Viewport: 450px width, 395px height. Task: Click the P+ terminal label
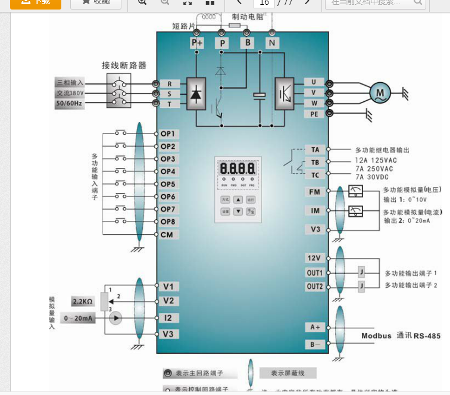click(x=196, y=43)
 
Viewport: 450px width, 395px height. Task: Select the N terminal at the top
click(x=272, y=43)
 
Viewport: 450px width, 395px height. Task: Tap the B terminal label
click(x=246, y=43)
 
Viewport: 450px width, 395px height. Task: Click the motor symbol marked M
click(x=379, y=92)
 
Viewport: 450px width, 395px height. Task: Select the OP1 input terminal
click(x=167, y=133)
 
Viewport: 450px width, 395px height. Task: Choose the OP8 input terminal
click(x=167, y=222)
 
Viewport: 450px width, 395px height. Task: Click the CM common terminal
click(x=167, y=235)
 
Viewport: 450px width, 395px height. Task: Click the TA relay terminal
click(x=315, y=150)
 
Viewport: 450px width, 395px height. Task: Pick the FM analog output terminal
click(x=315, y=192)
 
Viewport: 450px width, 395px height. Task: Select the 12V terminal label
click(x=314, y=258)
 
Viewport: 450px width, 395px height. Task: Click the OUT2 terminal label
click(x=314, y=287)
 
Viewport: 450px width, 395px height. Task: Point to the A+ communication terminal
click(x=315, y=327)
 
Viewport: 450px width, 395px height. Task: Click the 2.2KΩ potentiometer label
click(x=83, y=301)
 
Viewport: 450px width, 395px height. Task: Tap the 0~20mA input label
click(x=79, y=318)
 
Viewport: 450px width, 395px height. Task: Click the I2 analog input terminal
click(x=168, y=318)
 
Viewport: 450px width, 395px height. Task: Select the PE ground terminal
click(x=314, y=113)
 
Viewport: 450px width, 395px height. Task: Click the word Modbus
click(x=377, y=336)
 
